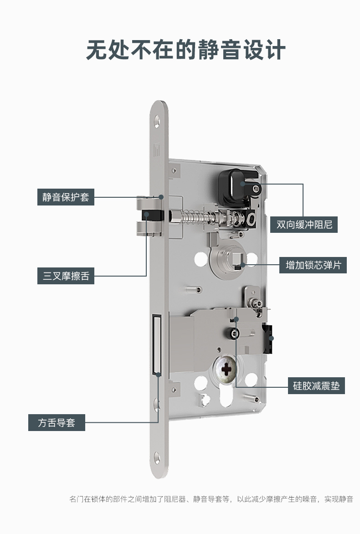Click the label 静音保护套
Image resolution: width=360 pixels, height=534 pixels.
pyautogui.click(x=66, y=197)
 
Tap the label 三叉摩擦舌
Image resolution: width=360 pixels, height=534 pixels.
pyautogui.click(x=66, y=276)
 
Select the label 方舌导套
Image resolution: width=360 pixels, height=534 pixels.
pyautogui.click(x=57, y=422)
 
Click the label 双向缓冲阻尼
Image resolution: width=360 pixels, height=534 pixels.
pyautogui.click(x=304, y=225)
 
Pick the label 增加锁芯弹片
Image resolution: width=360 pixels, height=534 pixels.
pyautogui.click(x=313, y=265)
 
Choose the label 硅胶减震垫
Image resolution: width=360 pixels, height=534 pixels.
pyautogui.click(x=316, y=386)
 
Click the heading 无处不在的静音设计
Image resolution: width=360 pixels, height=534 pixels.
pyautogui.click(x=185, y=50)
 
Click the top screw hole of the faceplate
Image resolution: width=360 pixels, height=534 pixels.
pyautogui.click(x=157, y=121)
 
